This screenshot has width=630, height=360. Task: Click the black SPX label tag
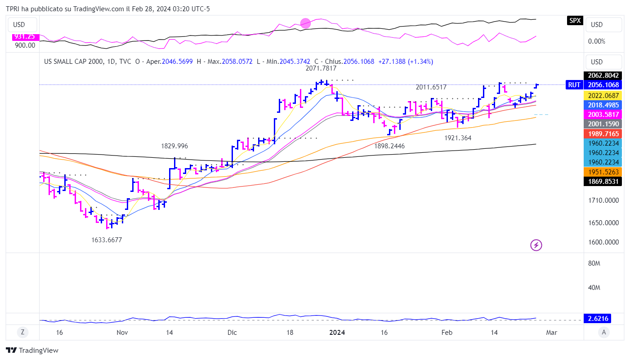point(574,21)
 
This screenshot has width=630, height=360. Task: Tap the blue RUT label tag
point(574,85)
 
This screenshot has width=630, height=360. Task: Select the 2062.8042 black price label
point(603,76)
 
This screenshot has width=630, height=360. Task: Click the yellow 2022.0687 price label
point(603,95)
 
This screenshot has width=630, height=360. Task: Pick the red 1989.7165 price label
point(603,133)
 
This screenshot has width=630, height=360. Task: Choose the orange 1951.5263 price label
point(603,172)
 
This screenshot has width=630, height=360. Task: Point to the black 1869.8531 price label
point(603,182)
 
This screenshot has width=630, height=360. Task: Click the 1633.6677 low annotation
point(107,240)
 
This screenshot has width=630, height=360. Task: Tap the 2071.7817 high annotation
point(321,68)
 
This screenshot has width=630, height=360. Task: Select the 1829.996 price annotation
point(174,146)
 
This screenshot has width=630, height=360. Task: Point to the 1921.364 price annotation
point(458,138)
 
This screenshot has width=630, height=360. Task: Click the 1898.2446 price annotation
point(389,146)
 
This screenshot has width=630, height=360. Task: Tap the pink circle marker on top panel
point(305,23)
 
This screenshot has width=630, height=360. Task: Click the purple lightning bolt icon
point(536,245)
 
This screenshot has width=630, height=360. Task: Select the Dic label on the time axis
point(232,333)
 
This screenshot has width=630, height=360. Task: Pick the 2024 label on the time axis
point(337,333)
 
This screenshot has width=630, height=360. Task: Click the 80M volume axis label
point(594,263)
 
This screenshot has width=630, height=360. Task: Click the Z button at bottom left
point(22,333)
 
